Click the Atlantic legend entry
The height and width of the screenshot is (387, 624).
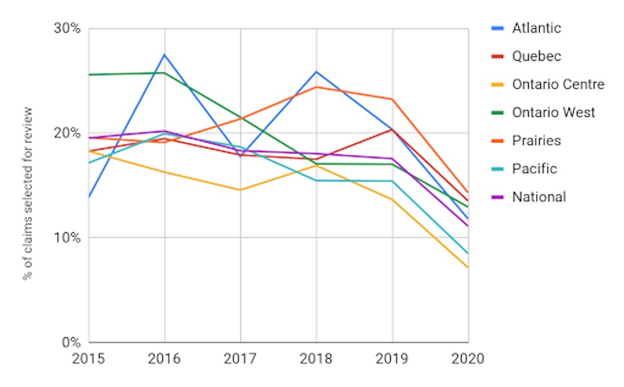pyautogui.click(x=536, y=28)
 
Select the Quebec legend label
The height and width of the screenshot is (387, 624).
pyautogui.click(x=536, y=57)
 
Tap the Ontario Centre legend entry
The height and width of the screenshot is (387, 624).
pyautogui.click(x=558, y=84)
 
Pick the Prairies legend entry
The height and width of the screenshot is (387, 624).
pyautogui.click(x=536, y=141)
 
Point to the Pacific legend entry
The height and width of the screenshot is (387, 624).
pyautogui.click(x=534, y=169)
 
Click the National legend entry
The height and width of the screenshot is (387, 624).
pyautogui.click(x=539, y=197)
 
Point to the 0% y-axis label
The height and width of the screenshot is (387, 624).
pyautogui.click(x=71, y=342)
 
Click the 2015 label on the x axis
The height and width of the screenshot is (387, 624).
pyautogui.click(x=89, y=358)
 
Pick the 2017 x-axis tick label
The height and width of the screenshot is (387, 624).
pyautogui.click(x=240, y=358)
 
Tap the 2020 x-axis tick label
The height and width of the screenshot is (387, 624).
pyautogui.click(x=468, y=358)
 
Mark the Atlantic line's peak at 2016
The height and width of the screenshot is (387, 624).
pyautogui.click(x=165, y=55)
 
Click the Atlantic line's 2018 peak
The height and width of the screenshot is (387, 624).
pyautogui.click(x=316, y=72)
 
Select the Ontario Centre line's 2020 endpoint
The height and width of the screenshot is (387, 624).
pyautogui.click(x=468, y=267)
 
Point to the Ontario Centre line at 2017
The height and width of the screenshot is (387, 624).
pyautogui.click(x=240, y=190)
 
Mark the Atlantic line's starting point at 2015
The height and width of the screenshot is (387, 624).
pyautogui.click(x=90, y=197)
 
